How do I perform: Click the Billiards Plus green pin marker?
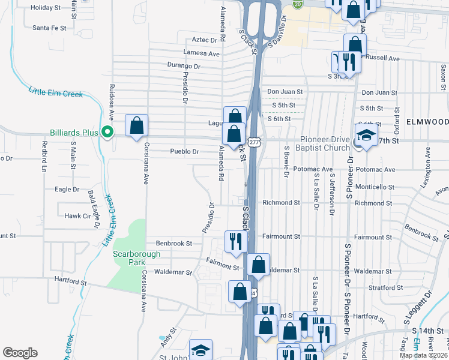[107, 131]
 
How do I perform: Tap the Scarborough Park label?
[137, 258]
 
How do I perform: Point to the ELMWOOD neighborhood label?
[427, 121]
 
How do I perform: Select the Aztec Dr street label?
[204, 40]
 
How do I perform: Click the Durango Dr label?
[184, 67]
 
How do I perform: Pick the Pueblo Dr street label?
[184, 152]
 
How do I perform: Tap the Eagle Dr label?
[67, 189]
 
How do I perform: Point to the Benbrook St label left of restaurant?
[173, 244]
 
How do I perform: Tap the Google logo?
[20, 353]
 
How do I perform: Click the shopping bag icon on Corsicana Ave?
[137, 127]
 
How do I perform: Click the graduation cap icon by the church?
[366, 137]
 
